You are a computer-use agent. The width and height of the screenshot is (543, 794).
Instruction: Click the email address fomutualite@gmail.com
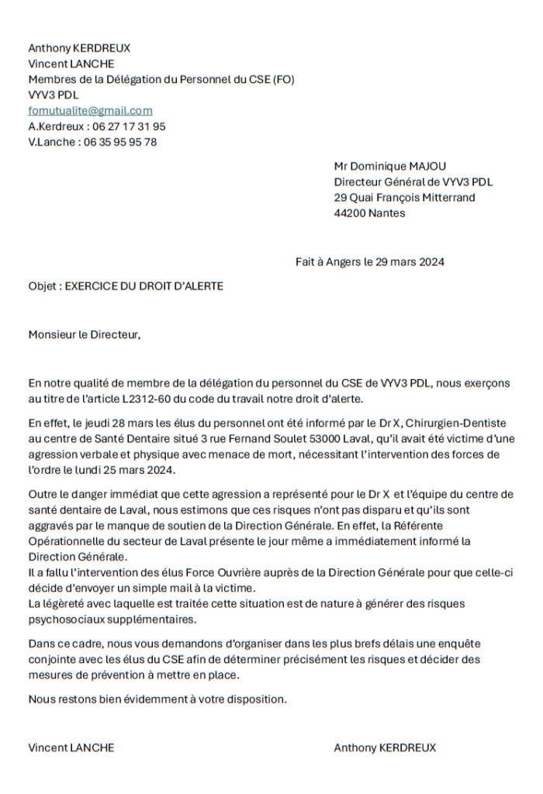90,111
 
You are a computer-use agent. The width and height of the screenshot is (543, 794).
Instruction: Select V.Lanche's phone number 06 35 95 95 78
119,142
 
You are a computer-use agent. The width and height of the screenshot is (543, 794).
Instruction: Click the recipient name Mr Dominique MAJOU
389,166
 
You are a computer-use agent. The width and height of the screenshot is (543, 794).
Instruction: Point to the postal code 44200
350,213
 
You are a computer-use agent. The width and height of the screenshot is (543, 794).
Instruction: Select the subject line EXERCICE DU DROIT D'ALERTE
144,286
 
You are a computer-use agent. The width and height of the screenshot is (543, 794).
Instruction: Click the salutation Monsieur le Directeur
85,335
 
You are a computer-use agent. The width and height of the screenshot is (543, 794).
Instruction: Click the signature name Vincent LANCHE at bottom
71,747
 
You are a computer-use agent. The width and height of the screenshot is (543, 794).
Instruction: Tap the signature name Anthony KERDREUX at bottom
385,747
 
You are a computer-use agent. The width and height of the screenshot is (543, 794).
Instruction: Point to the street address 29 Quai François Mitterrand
404,198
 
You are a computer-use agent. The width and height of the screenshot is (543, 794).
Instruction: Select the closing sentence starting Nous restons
157,699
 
